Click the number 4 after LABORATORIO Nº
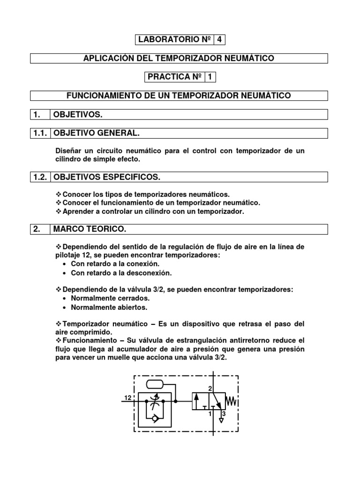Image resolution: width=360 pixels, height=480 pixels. tap(220, 39)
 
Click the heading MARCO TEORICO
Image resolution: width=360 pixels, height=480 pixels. tap(90, 229)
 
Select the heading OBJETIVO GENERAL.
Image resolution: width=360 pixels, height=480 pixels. tap(97, 134)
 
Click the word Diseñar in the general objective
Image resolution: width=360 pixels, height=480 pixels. tap(69, 151)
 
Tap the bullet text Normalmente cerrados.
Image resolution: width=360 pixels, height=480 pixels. tap(110, 298)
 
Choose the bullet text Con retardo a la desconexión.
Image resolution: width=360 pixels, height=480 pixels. tap(121, 273)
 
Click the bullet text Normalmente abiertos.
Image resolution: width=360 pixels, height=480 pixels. tap(109, 307)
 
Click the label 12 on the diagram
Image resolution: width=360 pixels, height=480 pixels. tap(127, 397)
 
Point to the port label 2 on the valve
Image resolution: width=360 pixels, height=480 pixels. tap(210, 389)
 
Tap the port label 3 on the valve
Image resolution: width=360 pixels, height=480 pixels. tap(224, 414)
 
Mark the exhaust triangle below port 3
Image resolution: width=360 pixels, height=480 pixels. tap(221, 421)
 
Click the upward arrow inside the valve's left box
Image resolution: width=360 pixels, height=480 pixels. tap(197, 402)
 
